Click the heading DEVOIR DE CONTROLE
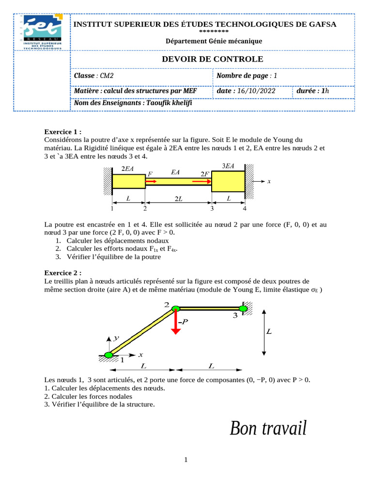(212, 59)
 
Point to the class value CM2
(107, 76)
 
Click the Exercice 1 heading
(63, 131)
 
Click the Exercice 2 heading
(63, 273)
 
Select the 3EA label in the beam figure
(228, 166)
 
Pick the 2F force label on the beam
(204, 173)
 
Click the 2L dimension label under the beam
(179, 199)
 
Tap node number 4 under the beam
(245, 209)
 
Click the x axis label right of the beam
(269, 181)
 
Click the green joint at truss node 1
(108, 355)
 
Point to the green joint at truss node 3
(243, 308)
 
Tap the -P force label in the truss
(183, 321)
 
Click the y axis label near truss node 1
(116, 339)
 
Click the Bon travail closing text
(268, 428)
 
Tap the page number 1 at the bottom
(186, 459)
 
